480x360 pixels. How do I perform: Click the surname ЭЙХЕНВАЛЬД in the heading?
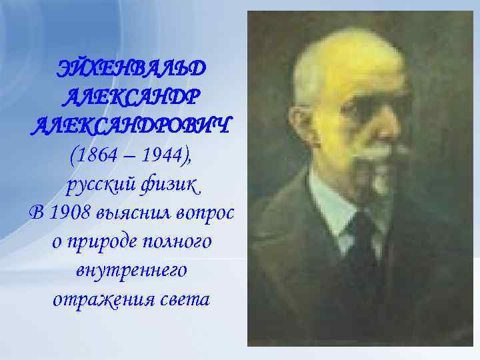pos(132,69)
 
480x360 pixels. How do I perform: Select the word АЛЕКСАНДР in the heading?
pos(132,97)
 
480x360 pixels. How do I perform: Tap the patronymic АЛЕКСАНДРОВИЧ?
pos(132,125)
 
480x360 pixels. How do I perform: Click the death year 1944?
pos(166,155)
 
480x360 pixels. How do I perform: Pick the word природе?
pos(101,242)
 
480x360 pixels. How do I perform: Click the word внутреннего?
pos(131,271)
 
